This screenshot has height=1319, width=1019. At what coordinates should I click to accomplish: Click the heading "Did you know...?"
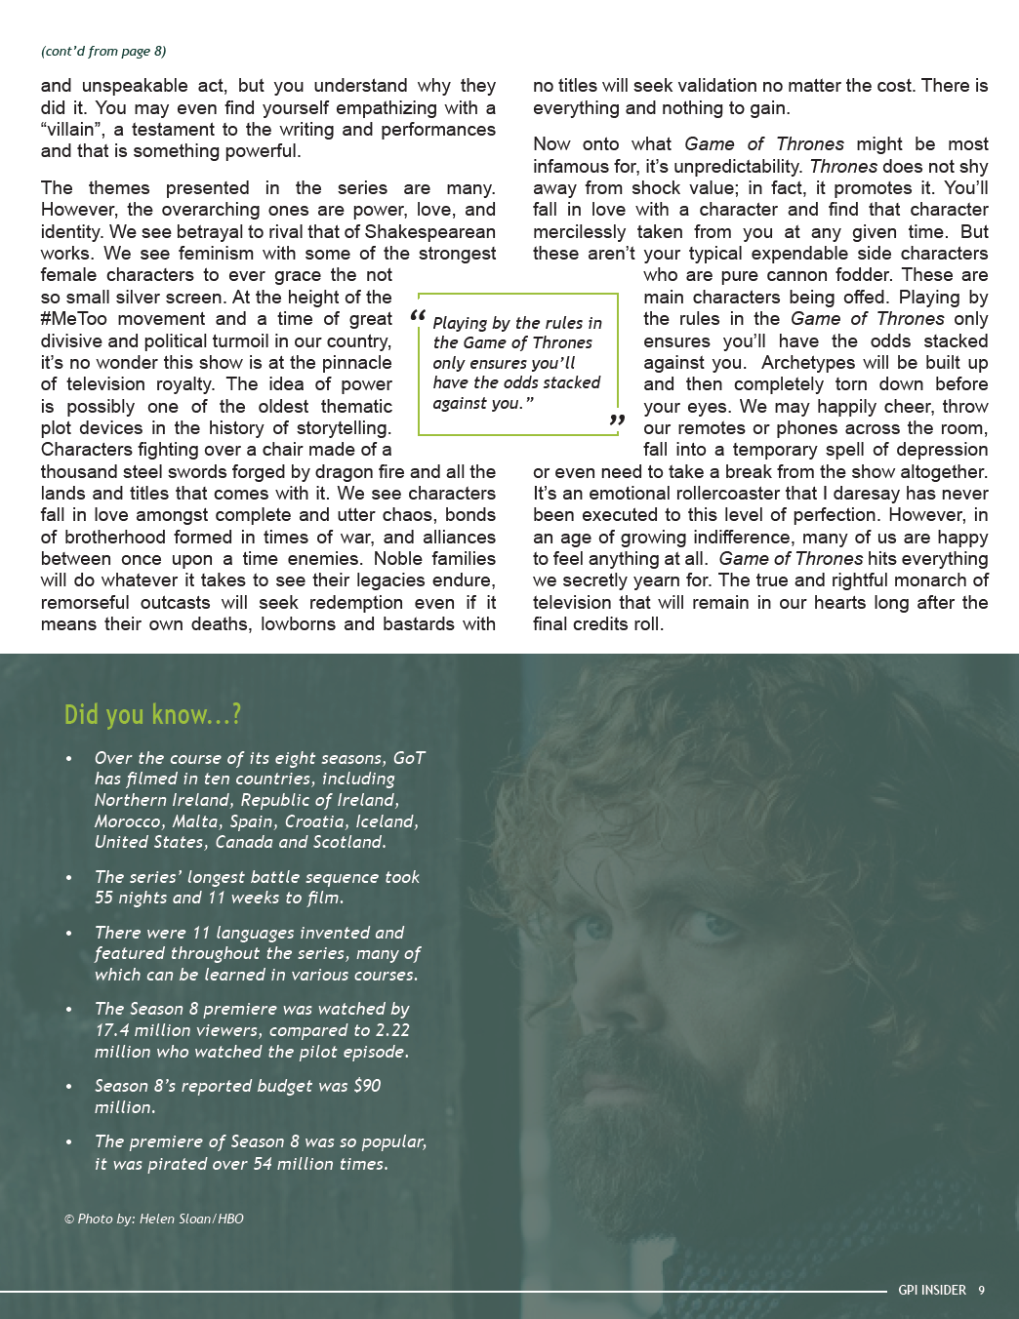pos(152,715)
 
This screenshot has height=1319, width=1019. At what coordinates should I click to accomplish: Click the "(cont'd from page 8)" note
pos(103,51)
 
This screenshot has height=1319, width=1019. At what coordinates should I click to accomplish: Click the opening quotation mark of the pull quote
pos(418,316)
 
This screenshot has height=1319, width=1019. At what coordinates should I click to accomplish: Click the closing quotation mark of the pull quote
pos(616,420)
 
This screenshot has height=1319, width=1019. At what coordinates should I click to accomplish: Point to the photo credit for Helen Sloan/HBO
pos(154,1219)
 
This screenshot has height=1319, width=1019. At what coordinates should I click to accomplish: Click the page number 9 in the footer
pos(981,1290)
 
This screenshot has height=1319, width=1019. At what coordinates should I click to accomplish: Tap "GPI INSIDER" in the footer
pos(931,1290)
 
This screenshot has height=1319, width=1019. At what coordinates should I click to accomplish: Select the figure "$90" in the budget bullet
pos(367,1086)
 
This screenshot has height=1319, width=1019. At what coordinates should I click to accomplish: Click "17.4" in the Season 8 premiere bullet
pos(111,1030)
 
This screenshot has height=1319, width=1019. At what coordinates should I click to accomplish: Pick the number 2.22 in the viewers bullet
pos(392,1030)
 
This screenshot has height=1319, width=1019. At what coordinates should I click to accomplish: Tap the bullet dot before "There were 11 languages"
pos(68,934)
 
